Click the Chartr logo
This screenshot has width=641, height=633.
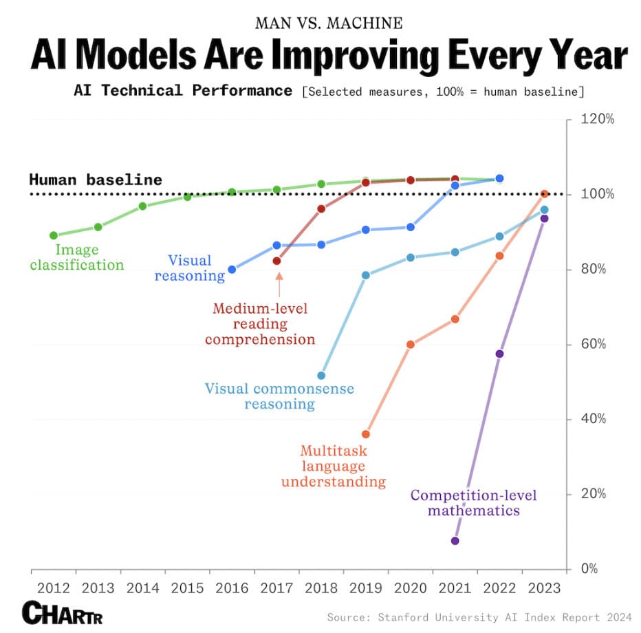pos(63,612)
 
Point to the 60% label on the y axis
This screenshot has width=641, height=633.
pos(592,344)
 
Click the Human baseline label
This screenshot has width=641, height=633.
pos(96,180)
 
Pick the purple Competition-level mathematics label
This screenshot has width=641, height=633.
pos(473,503)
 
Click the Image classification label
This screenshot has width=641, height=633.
pos(77,257)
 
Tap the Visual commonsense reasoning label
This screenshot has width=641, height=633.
pos(279,396)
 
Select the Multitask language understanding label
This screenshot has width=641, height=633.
pos(334,466)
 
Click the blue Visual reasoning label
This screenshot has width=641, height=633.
pos(190,268)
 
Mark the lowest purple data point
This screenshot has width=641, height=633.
pos(455,541)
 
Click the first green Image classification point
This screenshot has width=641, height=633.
pos(54,235)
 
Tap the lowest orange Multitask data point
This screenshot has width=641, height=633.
pos(366,434)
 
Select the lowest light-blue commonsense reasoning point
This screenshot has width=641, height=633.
pos(321,376)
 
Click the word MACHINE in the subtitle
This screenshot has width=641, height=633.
pos(368,23)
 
